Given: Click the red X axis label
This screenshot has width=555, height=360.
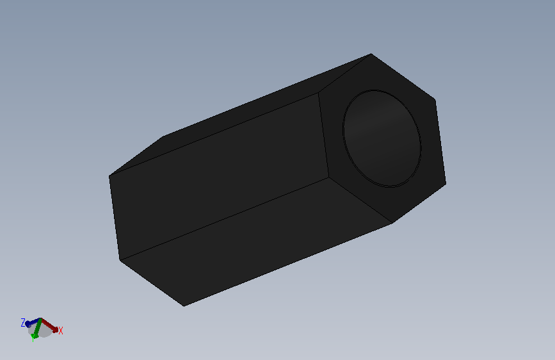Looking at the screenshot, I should [x=60, y=331].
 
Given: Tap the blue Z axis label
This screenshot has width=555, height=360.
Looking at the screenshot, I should [x=23, y=322].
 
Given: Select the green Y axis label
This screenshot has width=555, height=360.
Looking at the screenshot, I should [x=33, y=338].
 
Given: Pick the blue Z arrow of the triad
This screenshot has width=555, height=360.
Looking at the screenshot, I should [x=33, y=322].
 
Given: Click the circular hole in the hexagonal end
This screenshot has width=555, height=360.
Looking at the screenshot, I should [x=382, y=138].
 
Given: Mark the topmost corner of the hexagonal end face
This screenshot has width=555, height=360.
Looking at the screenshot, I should [x=371, y=54].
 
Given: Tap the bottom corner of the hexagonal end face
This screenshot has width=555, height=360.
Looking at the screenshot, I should [x=392, y=223].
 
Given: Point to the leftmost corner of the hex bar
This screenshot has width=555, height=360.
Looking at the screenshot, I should [x=109, y=176].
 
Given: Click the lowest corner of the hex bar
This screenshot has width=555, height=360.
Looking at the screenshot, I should [x=184, y=306].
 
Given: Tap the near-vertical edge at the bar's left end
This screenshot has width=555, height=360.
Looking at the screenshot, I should [x=115, y=218].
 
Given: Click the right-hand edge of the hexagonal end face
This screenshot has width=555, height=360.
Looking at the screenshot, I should [x=440, y=141].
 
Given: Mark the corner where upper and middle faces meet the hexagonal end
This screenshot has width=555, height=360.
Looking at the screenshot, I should [x=319, y=93].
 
